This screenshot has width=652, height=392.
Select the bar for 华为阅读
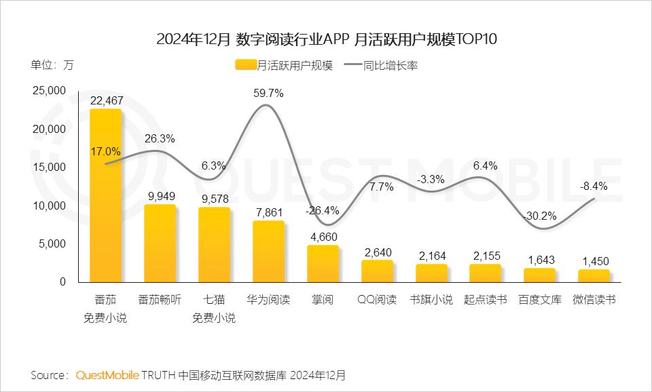pos(268,251)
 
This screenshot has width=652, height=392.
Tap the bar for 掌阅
pos(323,264)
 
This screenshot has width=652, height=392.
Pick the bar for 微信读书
pos(594,275)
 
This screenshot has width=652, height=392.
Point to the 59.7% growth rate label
pos(268,93)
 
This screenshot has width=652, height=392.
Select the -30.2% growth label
pos(540,216)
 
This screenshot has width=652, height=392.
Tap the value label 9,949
pos(160,196)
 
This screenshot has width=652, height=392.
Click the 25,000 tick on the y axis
pos(49,91)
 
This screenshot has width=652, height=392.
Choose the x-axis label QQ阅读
pos(376,299)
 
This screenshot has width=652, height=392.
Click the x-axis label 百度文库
pos(540,299)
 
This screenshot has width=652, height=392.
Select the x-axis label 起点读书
pos(485,299)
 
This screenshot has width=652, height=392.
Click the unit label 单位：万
pos(52,66)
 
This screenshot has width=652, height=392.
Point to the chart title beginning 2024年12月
pos(327,39)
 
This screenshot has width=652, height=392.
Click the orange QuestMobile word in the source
pos(107,375)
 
